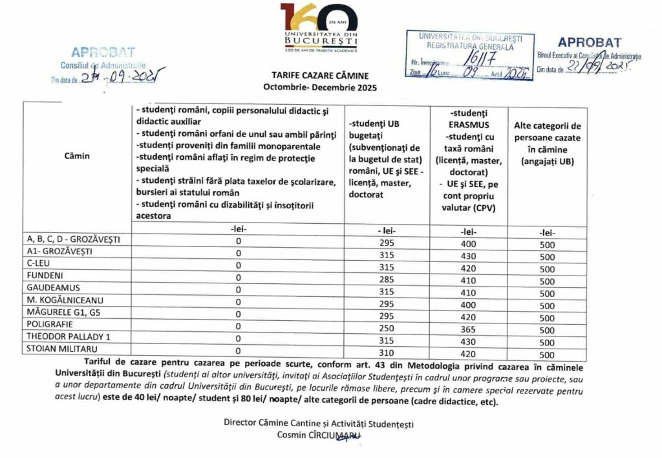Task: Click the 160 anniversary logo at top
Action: [319, 26]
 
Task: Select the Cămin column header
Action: [77, 156]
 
